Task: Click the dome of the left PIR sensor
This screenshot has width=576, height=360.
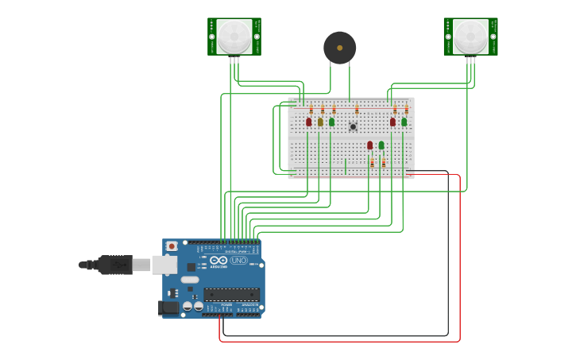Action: coord(234,36)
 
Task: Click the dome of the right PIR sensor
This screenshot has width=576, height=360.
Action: coord(470,36)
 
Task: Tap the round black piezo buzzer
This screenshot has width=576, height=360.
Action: coord(339,48)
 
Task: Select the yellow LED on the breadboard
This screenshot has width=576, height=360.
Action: coord(320,122)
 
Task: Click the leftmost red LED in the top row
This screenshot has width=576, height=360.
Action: coord(309,122)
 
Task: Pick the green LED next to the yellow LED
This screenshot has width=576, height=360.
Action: coord(331,122)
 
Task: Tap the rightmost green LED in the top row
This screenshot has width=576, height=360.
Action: coord(404,122)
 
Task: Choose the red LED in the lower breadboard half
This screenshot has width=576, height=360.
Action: coord(369,145)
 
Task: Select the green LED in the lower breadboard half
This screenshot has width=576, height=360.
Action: coord(381,145)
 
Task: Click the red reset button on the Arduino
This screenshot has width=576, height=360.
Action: coord(171,246)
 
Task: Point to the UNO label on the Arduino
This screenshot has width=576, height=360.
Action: coord(238,261)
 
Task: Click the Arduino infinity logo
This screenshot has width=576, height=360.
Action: coord(218,261)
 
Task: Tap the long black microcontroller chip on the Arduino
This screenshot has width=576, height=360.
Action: coord(231,293)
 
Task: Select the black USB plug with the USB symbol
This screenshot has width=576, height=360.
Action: coord(115,265)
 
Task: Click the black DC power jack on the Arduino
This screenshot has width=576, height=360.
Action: coord(168,308)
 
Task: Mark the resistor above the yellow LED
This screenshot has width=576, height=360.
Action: coord(323,109)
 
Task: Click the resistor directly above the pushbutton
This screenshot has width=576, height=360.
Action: coord(357,109)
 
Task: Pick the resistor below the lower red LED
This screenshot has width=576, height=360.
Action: coord(372,162)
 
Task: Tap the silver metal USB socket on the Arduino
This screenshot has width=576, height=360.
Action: coord(164,265)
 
